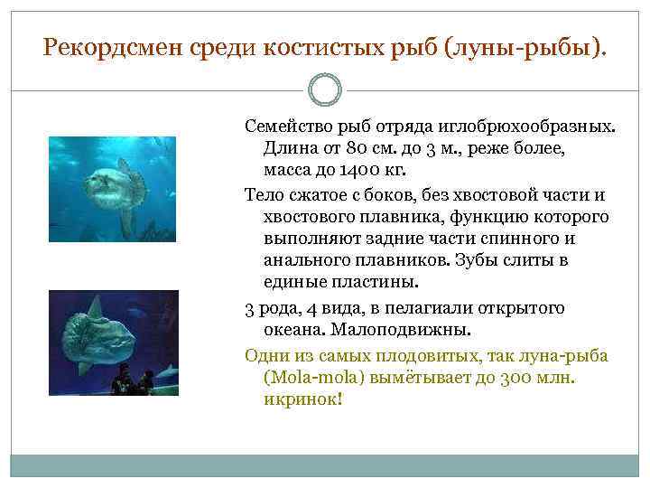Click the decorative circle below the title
click(325, 89)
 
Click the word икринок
click(302, 399)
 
